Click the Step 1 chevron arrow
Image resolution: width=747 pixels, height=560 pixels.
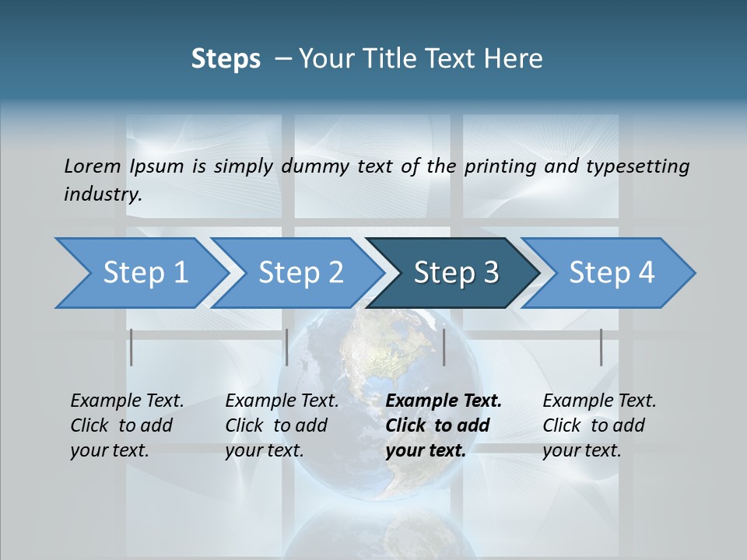point(140,273)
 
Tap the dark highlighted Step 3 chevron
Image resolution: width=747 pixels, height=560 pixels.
point(455,273)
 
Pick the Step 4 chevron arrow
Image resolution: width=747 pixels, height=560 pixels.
point(611,273)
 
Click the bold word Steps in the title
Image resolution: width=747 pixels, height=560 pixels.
point(226,58)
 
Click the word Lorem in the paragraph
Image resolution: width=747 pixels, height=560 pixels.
point(93,166)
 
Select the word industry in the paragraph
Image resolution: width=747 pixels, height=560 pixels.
point(102,194)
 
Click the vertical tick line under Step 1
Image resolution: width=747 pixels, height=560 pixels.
point(132,347)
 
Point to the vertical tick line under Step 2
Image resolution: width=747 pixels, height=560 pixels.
point(287,347)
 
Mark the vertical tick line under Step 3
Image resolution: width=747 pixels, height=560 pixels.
point(444,347)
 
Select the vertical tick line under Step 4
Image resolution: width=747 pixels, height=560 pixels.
point(601,347)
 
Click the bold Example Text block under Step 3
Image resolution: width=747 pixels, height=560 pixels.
point(444,425)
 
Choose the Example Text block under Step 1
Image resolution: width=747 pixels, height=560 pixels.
point(127,425)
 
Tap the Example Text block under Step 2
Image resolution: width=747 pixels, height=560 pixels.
point(282,425)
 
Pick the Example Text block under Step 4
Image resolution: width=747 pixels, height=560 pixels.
point(599,425)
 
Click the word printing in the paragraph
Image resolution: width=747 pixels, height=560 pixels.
point(499,166)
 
